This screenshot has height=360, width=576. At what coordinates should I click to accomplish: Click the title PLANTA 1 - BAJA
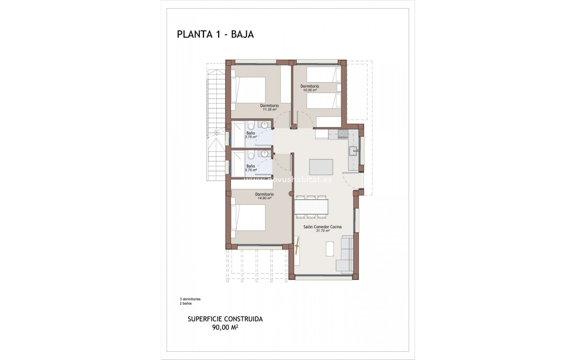click(215, 34)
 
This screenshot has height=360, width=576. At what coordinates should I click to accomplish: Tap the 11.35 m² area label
click(269, 110)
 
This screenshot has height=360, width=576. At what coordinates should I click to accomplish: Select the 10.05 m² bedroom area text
click(310, 90)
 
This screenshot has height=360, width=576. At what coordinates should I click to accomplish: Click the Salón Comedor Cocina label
click(322, 227)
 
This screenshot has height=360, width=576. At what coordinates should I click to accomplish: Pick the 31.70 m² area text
click(322, 231)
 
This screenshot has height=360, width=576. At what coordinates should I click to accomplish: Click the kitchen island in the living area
click(321, 167)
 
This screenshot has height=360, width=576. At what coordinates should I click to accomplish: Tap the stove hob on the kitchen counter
click(342, 134)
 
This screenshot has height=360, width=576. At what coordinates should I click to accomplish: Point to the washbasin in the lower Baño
click(264, 154)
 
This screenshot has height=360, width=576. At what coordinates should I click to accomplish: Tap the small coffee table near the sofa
click(330, 249)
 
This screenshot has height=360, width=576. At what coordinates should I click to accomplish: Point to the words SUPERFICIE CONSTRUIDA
click(225, 319)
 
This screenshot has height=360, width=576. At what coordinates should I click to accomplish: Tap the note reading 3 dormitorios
click(190, 299)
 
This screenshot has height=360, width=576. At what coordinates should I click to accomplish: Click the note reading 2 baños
click(186, 303)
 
